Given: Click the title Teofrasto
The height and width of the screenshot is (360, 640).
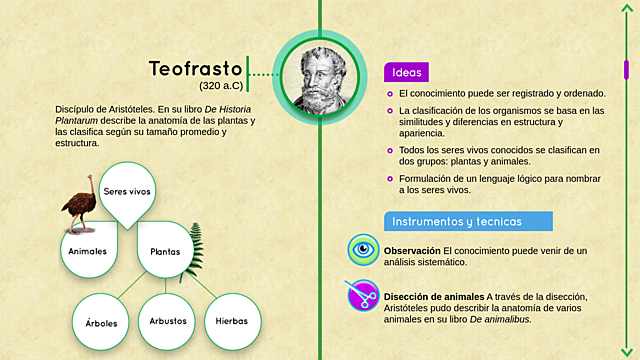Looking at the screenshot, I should point(195,69).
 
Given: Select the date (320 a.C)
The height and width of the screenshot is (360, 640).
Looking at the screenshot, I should point(220,87).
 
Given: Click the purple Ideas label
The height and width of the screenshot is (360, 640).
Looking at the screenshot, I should point(406,72).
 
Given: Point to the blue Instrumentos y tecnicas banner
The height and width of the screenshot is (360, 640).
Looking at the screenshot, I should point(455,221).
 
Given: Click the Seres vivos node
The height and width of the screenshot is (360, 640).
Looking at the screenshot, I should point(127,190).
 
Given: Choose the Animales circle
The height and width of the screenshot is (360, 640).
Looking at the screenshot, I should point(87,250).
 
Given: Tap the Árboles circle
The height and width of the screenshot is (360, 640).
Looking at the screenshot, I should point(101,322).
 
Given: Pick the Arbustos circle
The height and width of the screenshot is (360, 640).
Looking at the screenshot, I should point(167,322).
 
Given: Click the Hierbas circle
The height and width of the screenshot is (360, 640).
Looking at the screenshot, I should point(232,322).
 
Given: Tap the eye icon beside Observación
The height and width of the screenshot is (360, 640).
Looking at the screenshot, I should point(363,251).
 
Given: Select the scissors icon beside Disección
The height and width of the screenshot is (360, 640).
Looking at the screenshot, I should point(362,297).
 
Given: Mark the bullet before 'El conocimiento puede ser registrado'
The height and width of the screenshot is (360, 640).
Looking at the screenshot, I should point(390,93).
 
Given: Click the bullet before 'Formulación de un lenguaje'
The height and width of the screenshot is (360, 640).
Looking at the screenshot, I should point(390,178).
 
